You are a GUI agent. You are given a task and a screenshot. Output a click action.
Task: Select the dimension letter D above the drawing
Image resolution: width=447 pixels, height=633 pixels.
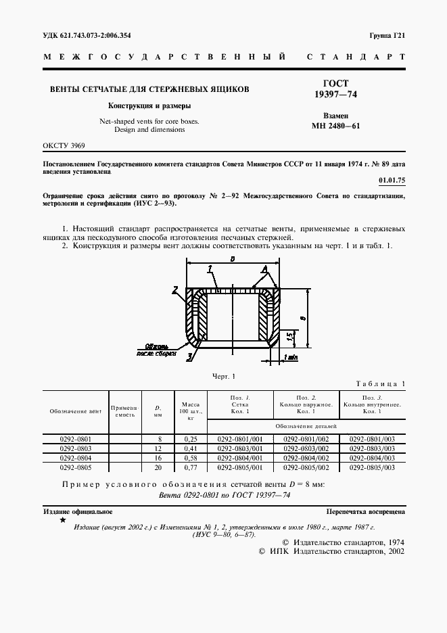pos(232,259)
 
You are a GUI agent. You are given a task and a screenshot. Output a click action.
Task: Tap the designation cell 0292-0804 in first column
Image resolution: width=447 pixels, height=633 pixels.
pos(76,458)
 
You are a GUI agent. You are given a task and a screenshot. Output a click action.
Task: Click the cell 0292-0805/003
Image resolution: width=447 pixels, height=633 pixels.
pos(372,467)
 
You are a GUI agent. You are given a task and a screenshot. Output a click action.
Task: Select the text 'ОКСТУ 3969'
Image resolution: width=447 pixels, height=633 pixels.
pos(64,145)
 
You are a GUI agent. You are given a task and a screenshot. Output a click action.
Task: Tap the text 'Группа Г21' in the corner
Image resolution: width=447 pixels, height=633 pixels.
pos(387,34)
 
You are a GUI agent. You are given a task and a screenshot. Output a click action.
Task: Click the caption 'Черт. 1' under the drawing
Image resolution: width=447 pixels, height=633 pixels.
pos(223,376)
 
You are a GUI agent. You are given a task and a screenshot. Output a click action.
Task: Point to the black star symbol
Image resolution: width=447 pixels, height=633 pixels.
pos(63,520)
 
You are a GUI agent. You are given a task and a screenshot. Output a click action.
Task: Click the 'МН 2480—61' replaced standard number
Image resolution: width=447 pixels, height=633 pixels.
pos(336,125)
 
